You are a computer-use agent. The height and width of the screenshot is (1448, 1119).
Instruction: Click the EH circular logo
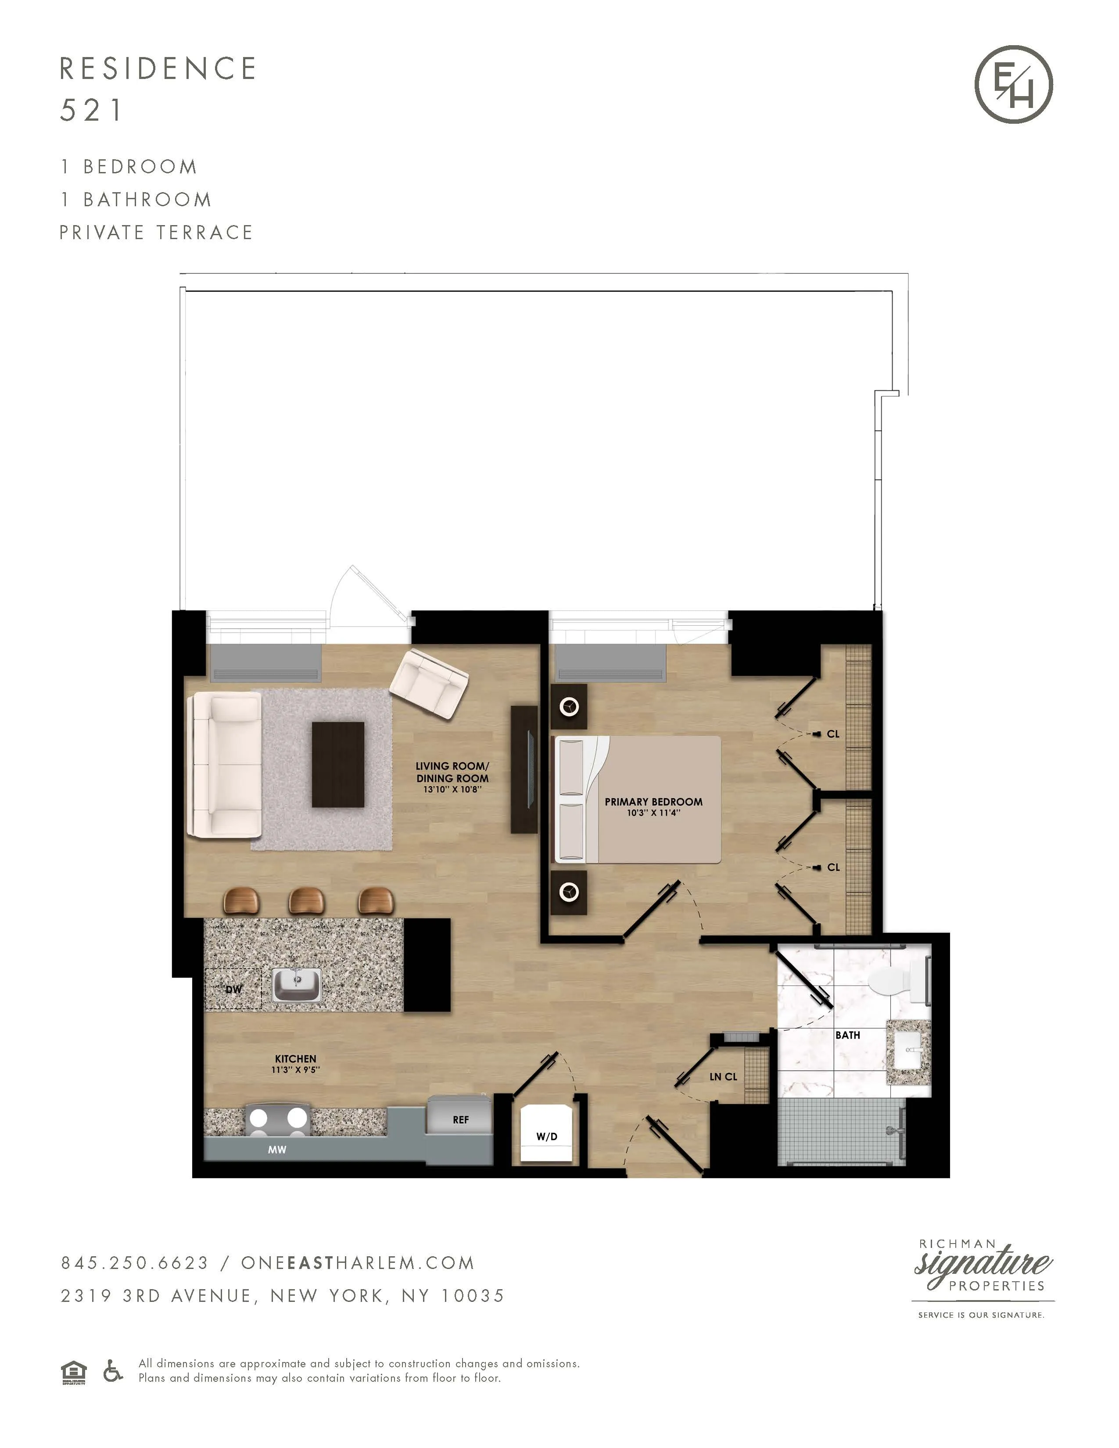1014,84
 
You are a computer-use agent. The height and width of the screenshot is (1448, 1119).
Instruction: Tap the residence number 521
91,110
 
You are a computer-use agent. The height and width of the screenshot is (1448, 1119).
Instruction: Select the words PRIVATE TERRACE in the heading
156,233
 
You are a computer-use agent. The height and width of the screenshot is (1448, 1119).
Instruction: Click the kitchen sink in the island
297,984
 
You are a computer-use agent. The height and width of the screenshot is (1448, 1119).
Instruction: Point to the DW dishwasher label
233,989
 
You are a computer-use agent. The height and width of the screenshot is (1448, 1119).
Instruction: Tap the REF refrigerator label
461,1119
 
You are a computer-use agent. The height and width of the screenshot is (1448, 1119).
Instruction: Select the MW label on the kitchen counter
277,1150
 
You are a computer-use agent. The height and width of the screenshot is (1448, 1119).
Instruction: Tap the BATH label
847,1035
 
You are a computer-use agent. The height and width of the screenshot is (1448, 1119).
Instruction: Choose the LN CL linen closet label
723,1077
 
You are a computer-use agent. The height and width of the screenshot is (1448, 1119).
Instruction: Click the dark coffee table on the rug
338,764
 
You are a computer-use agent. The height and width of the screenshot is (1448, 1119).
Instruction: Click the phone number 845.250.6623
135,1263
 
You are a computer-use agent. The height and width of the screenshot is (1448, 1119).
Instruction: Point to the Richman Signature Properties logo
983,1277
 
